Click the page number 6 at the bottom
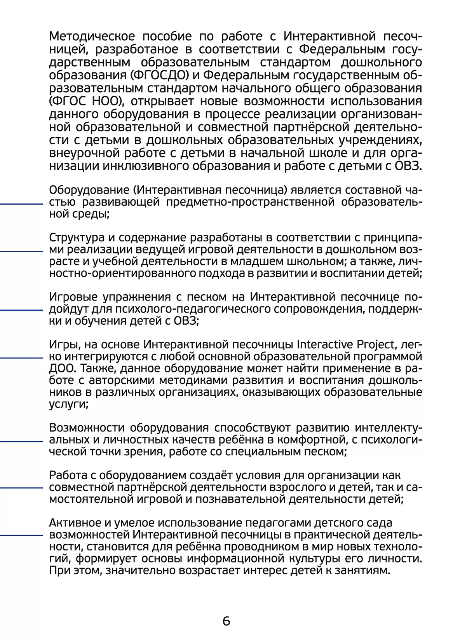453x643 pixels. (226, 621)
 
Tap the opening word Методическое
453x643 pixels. (92, 36)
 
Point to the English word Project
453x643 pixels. (376, 345)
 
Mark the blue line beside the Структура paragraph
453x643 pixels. (21, 251)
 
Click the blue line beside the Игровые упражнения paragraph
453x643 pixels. (21, 310)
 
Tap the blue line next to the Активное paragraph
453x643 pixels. (21, 535)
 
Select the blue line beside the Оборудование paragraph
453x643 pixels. (21, 203)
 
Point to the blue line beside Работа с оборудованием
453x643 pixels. (21, 487)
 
